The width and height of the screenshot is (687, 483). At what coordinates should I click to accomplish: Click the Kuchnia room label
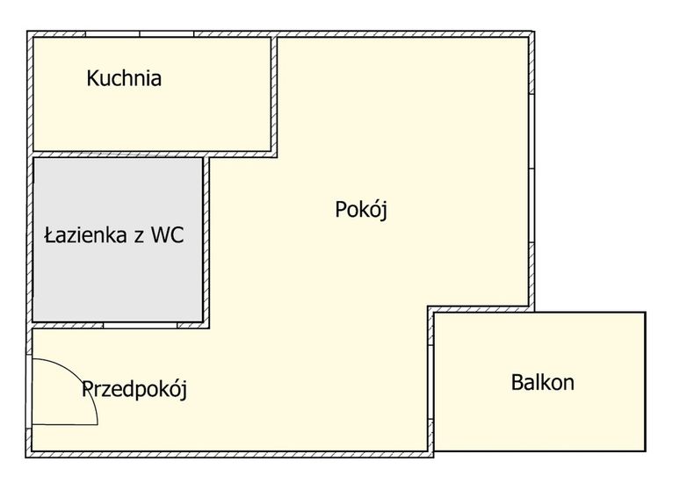(x=124, y=78)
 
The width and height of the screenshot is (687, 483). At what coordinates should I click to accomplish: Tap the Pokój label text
(x=361, y=209)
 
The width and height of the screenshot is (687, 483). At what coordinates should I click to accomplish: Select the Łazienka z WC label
(x=114, y=235)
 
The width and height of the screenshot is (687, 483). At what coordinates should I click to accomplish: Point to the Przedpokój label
(x=134, y=389)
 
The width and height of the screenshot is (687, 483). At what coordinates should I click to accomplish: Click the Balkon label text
(x=542, y=382)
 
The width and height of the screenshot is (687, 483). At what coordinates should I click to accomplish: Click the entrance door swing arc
(x=79, y=378)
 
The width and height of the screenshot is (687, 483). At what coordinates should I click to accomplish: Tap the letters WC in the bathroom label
(x=168, y=235)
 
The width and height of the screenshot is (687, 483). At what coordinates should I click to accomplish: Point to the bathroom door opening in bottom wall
(x=141, y=325)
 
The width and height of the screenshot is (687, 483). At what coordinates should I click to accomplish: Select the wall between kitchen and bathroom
(x=119, y=155)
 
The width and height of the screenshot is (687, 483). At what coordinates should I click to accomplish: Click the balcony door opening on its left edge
(x=430, y=382)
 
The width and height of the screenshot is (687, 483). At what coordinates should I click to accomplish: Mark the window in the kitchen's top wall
(x=140, y=33)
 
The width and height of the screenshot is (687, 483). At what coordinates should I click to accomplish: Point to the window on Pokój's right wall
(x=531, y=169)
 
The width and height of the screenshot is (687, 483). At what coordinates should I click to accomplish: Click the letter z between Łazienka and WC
(x=140, y=238)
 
